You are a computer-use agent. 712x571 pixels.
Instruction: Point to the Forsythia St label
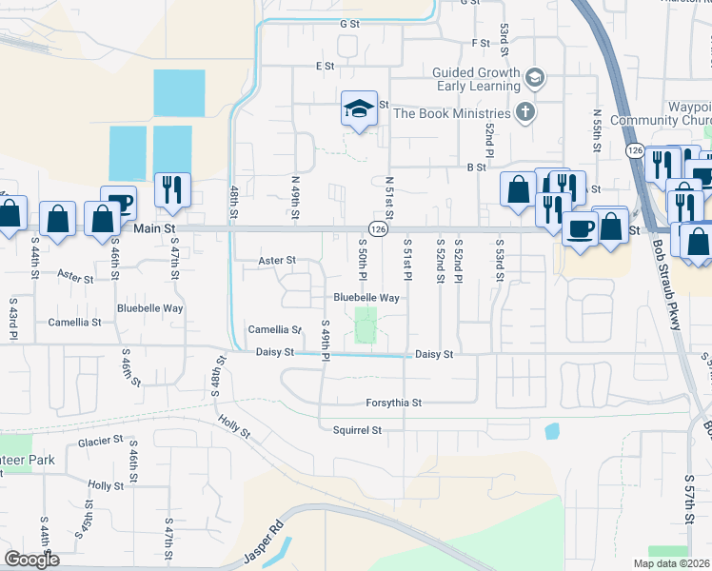tap(393, 402)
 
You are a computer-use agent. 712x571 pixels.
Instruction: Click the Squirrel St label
tap(357, 430)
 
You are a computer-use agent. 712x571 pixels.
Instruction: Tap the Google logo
tap(30, 560)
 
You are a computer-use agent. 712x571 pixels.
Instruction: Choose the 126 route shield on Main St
tap(378, 229)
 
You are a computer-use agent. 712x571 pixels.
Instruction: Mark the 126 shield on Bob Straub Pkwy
tap(635, 150)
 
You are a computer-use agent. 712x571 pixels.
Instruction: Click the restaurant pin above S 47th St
tap(172, 189)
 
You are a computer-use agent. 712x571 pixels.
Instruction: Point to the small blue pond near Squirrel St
tap(552, 430)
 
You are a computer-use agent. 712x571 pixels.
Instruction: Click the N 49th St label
tap(294, 197)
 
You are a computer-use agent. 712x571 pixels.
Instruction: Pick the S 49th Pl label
tap(325, 336)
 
